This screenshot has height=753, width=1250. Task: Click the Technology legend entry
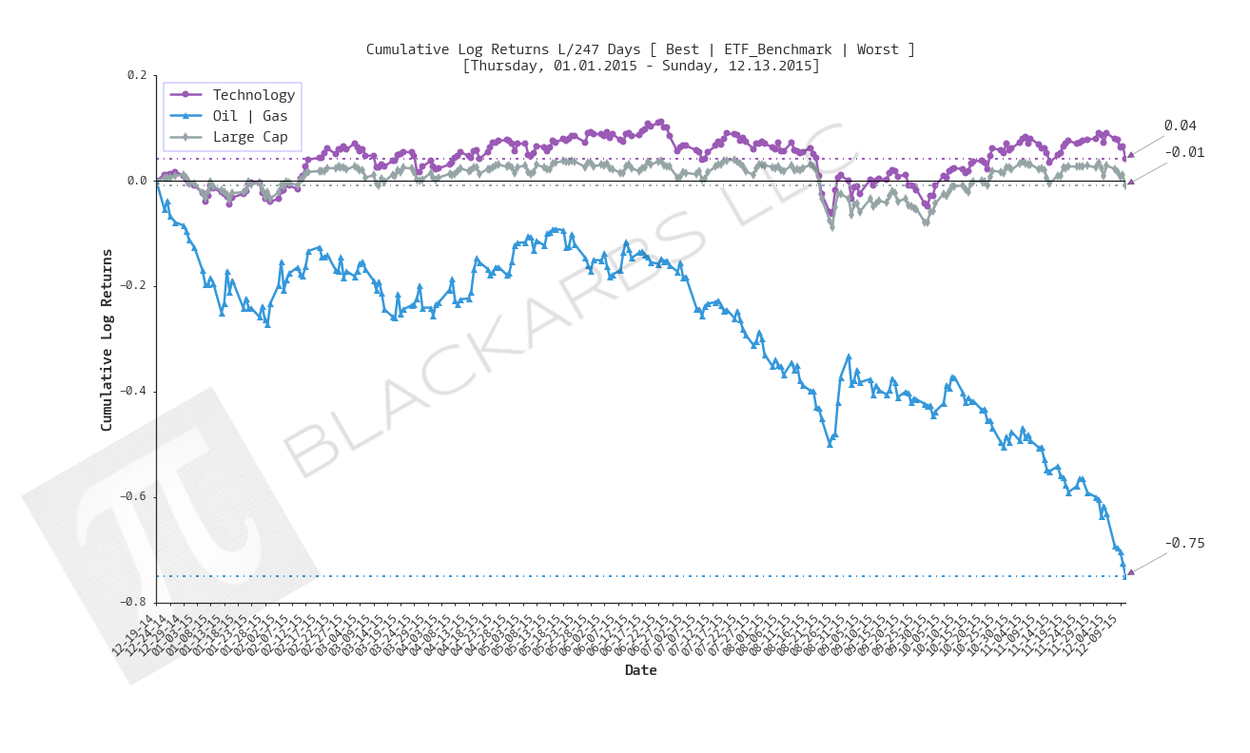[x=253, y=95]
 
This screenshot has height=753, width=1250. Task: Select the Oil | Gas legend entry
[x=249, y=116]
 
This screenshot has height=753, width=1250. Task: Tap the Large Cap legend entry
[x=249, y=137]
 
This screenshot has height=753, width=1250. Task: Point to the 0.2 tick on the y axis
[x=137, y=75]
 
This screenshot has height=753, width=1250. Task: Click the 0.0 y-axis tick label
[x=137, y=181]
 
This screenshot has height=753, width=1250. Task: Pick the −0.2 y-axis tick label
[x=134, y=286]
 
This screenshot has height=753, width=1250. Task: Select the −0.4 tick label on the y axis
[x=134, y=392]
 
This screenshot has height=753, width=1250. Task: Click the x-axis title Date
[x=640, y=670]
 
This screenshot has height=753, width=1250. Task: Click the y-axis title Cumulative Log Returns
[x=107, y=339]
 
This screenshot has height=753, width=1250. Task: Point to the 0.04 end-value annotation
[x=1180, y=125]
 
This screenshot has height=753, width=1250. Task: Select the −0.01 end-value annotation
[x=1184, y=152]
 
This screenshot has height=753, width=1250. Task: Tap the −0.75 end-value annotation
[x=1184, y=544]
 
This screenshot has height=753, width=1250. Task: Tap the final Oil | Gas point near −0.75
[x=1124, y=575]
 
